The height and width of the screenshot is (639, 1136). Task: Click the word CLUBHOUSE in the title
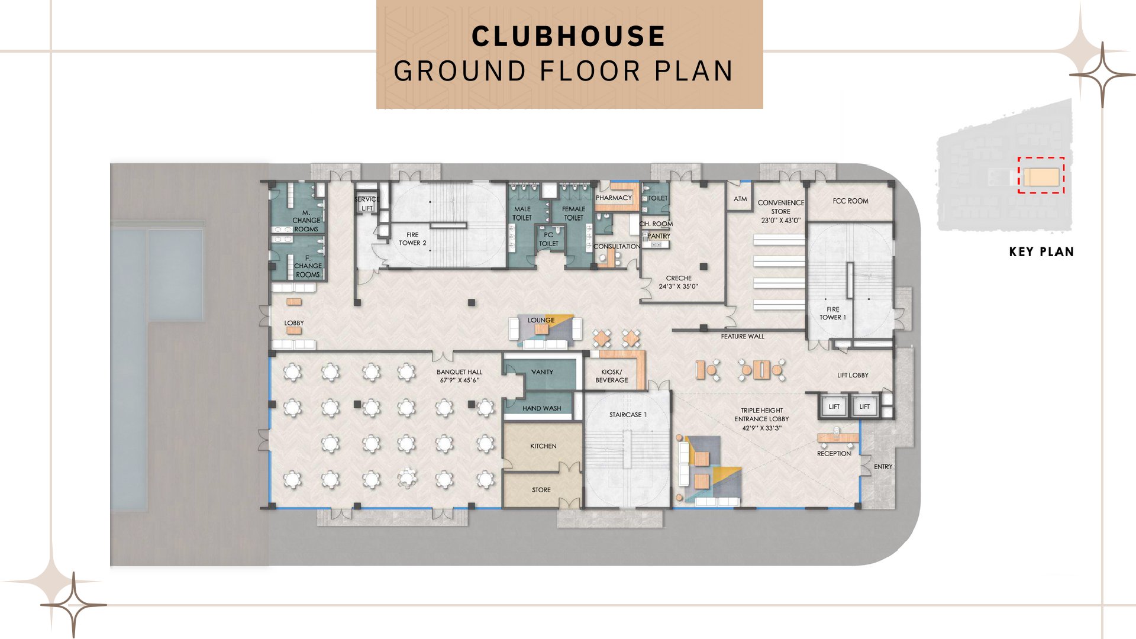click(569, 36)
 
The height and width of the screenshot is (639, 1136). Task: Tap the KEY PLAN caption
click(1041, 252)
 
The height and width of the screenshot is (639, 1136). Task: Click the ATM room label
click(740, 199)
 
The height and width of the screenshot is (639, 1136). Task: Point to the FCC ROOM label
click(850, 201)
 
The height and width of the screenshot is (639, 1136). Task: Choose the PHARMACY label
click(614, 198)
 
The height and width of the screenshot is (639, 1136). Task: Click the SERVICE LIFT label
click(367, 204)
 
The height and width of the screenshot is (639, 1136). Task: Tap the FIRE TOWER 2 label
click(412, 239)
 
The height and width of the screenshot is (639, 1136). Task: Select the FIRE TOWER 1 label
click(832, 314)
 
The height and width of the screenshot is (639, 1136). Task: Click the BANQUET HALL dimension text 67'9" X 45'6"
click(459, 380)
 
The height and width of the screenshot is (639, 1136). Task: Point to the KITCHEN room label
click(543, 446)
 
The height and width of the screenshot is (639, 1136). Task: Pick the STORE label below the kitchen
click(541, 490)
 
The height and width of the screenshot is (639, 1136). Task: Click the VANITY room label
click(542, 372)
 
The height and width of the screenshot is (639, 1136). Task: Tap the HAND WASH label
click(541, 408)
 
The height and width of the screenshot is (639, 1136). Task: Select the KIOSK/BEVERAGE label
click(612, 376)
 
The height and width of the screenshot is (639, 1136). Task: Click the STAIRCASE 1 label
click(628, 415)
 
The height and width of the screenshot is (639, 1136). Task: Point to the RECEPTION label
click(834, 454)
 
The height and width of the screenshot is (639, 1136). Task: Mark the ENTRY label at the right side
click(883, 467)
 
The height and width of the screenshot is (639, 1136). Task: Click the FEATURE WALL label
click(743, 337)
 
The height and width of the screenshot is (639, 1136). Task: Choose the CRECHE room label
click(679, 278)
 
